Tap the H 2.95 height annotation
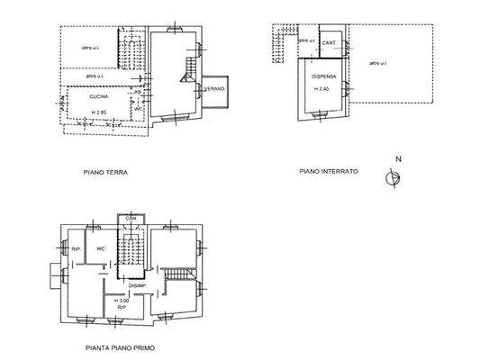click(99, 112)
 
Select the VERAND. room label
click(213, 89)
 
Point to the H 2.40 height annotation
click(321, 89)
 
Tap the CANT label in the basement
click(330, 42)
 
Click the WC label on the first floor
click(102, 249)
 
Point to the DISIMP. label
click(138, 286)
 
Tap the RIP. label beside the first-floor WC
click(77, 249)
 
